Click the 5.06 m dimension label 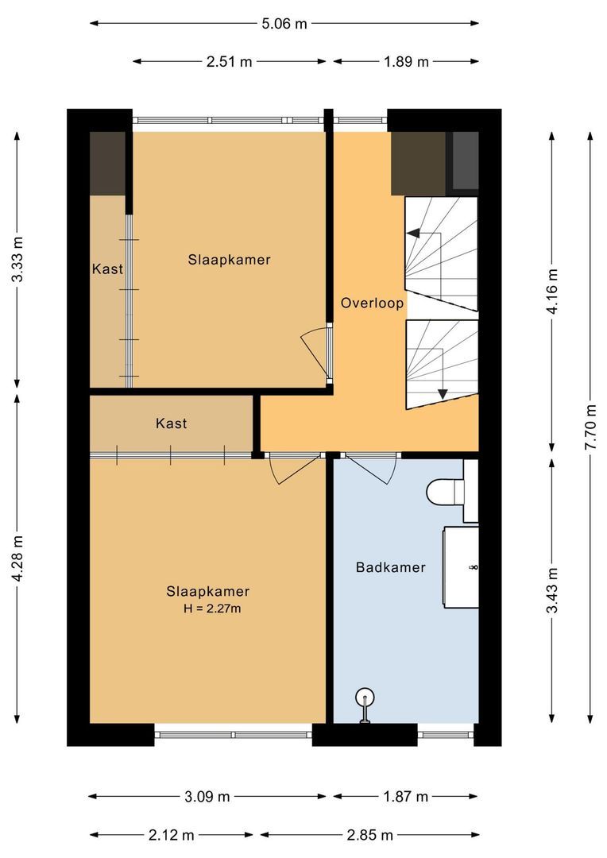click(x=284, y=23)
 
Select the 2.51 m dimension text click(x=230, y=62)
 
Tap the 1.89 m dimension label click(x=406, y=62)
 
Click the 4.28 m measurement click(x=17, y=558)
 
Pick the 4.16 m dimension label click(x=554, y=291)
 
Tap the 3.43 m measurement click(x=554, y=589)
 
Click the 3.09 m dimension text click(x=207, y=796)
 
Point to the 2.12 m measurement click(x=172, y=835)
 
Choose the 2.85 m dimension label click(x=370, y=835)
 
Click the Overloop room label click(x=372, y=303)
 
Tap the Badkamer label click(x=390, y=567)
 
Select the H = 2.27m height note click(x=211, y=609)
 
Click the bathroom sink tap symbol click(x=474, y=567)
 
